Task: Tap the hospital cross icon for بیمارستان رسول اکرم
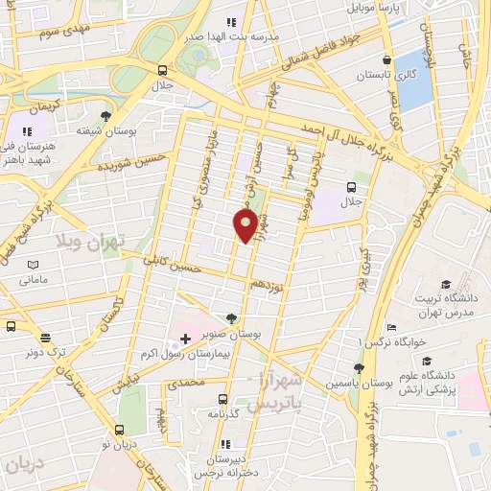tap(185, 339)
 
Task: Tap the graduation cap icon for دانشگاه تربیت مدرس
tap(445, 284)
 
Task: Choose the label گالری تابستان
tap(386, 74)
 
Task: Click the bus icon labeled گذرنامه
tap(222, 399)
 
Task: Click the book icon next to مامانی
tap(34, 266)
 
